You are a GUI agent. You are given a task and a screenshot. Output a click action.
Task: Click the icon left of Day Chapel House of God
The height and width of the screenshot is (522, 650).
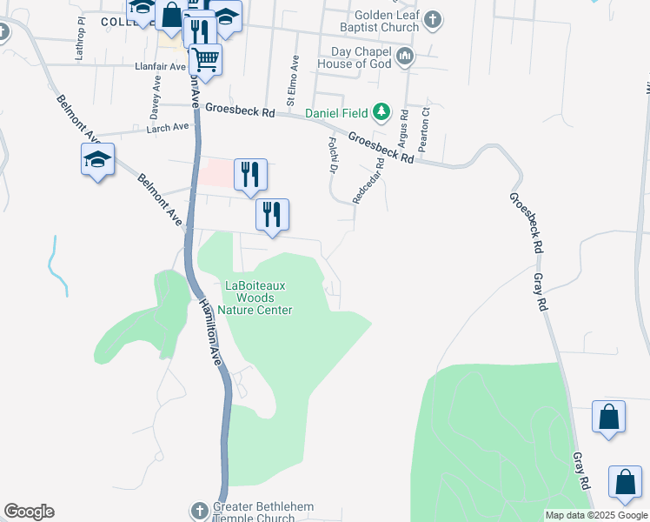(x=404, y=57)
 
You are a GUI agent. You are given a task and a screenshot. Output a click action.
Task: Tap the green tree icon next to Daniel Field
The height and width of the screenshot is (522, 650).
(x=381, y=112)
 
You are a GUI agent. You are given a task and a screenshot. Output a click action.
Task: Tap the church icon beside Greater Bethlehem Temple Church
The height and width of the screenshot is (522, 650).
(x=198, y=508)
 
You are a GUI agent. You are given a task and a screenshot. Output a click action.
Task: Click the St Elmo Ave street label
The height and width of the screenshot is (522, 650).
(x=294, y=76)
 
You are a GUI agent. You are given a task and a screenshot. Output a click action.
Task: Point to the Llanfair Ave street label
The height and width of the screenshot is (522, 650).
(x=160, y=66)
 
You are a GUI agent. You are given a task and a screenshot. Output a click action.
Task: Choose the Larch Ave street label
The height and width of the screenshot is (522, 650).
(x=168, y=127)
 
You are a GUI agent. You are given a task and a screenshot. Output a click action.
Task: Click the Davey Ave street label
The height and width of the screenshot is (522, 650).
(x=156, y=94)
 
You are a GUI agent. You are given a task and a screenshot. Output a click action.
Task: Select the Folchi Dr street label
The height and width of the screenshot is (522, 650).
(x=332, y=154)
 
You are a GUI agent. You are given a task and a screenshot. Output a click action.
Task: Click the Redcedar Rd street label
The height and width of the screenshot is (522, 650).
(x=368, y=180)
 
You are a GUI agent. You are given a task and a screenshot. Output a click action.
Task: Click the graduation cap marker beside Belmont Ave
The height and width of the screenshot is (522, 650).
(x=97, y=160)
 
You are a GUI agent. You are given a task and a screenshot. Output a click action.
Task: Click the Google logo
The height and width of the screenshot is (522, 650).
(x=29, y=512)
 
